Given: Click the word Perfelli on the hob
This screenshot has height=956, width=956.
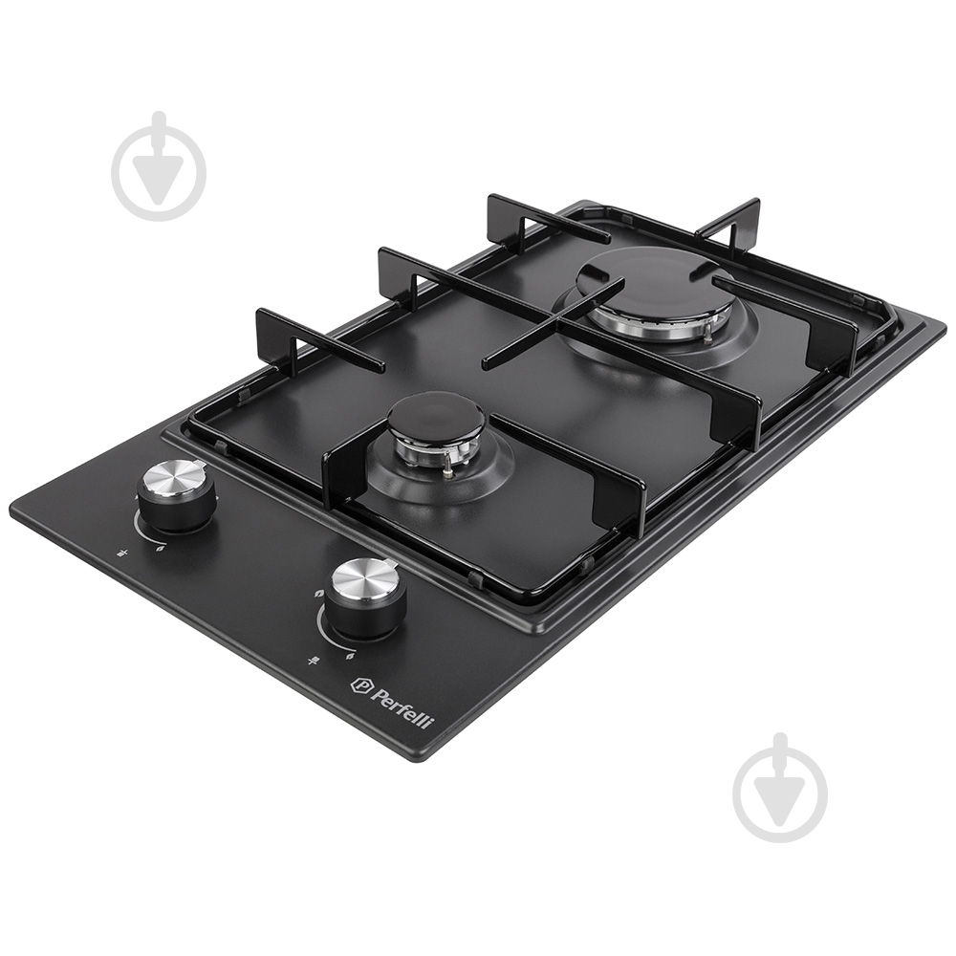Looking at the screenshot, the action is pos(402,707).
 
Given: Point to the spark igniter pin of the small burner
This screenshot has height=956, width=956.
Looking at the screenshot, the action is pos(450,464).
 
